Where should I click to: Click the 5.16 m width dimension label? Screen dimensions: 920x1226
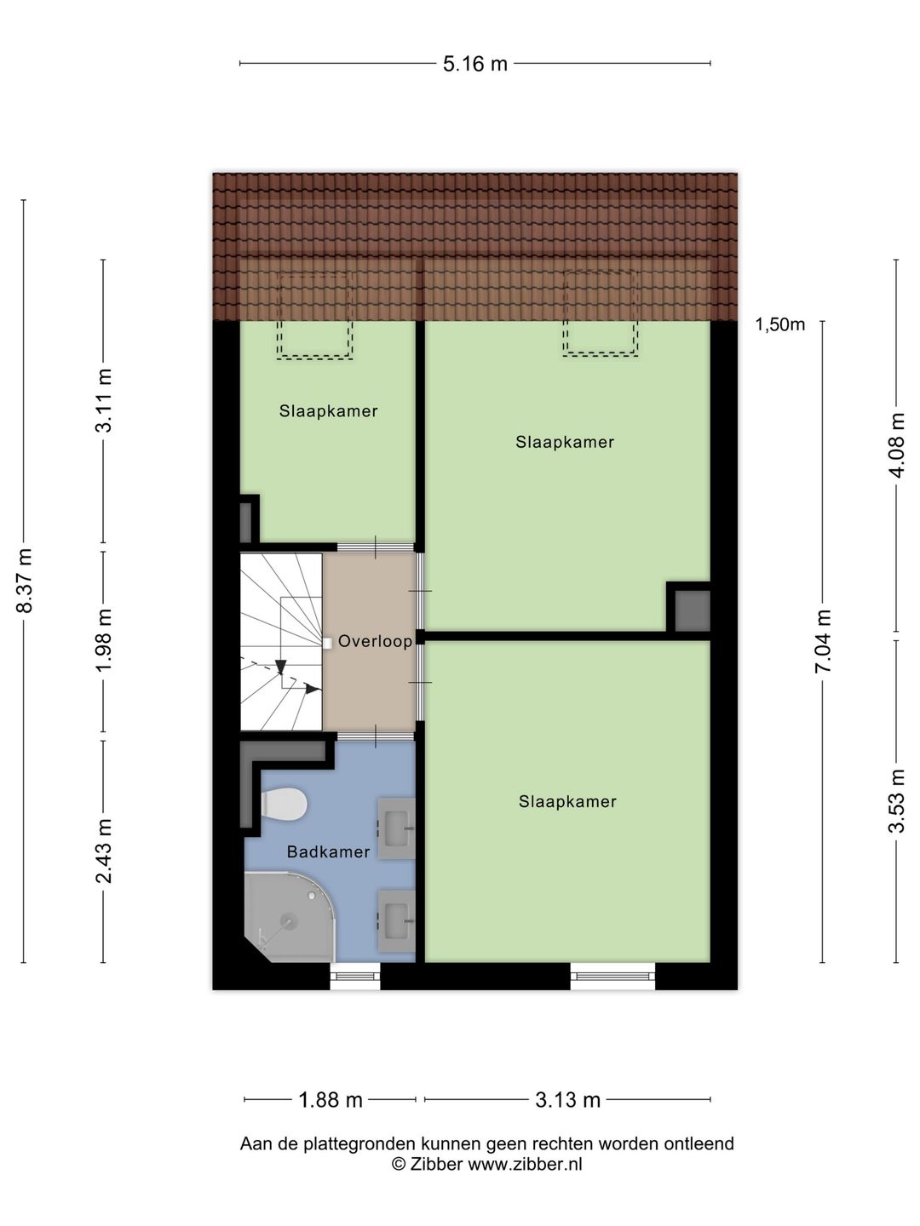coord(474,64)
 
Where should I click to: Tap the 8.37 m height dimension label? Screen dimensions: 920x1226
coord(26,581)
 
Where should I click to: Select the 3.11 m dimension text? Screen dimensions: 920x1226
coord(105,400)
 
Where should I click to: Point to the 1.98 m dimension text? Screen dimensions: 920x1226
coord(105,640)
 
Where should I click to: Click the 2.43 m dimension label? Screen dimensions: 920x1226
coord(105,851)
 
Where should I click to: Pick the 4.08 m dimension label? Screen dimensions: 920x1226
coord(896,445)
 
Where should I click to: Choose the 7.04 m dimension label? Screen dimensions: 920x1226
coord(823,640)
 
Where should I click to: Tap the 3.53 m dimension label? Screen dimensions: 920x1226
coord(896,801)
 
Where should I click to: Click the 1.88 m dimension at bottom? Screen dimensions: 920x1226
coord(331,1099)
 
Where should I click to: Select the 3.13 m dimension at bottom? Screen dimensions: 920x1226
coord(567,1099)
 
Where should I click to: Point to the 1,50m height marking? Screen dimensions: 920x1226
coord(779,324)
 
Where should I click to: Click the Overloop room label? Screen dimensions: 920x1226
coord(375,641)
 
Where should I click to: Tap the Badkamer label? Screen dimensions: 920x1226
coord(329,851)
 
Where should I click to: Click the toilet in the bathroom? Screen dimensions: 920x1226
coord(284,804)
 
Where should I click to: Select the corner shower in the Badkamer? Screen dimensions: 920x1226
coord(290,917)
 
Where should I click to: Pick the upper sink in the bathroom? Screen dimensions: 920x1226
coord(397,828)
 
